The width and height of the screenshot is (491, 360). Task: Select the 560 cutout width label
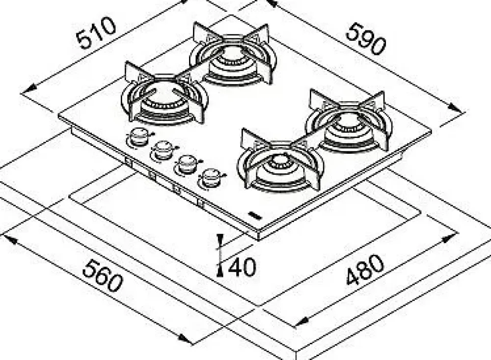[x=103, y=276]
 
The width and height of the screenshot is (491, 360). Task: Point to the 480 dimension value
[x=365, y=270]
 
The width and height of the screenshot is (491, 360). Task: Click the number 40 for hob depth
[x=241, y=268]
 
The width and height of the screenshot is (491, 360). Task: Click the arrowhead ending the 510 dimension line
[x=30, y=89]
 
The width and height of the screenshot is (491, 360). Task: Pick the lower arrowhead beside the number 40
[x=221, y=271]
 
